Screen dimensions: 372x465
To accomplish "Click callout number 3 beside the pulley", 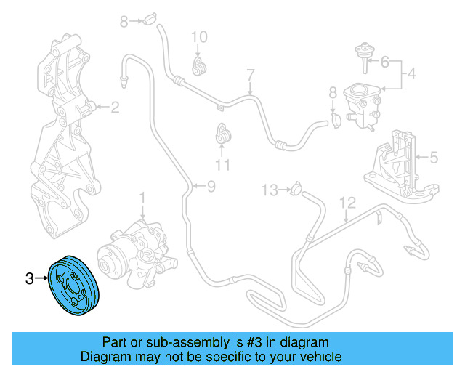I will (30, 278).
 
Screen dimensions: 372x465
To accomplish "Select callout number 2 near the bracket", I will (115, 108).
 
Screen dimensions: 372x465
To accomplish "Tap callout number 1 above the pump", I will (143, 197).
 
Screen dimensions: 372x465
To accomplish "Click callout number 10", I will (199, 36).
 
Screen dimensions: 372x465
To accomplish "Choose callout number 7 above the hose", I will (250, 75).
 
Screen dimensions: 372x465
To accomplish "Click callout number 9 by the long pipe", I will (211, 187).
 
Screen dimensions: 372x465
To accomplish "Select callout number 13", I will (270, 190).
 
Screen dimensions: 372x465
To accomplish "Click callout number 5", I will (434, 156).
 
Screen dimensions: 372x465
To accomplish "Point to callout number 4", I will (411, 73).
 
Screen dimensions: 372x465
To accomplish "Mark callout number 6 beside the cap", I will (385, 61).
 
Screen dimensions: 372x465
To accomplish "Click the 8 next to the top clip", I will (124, 22).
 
